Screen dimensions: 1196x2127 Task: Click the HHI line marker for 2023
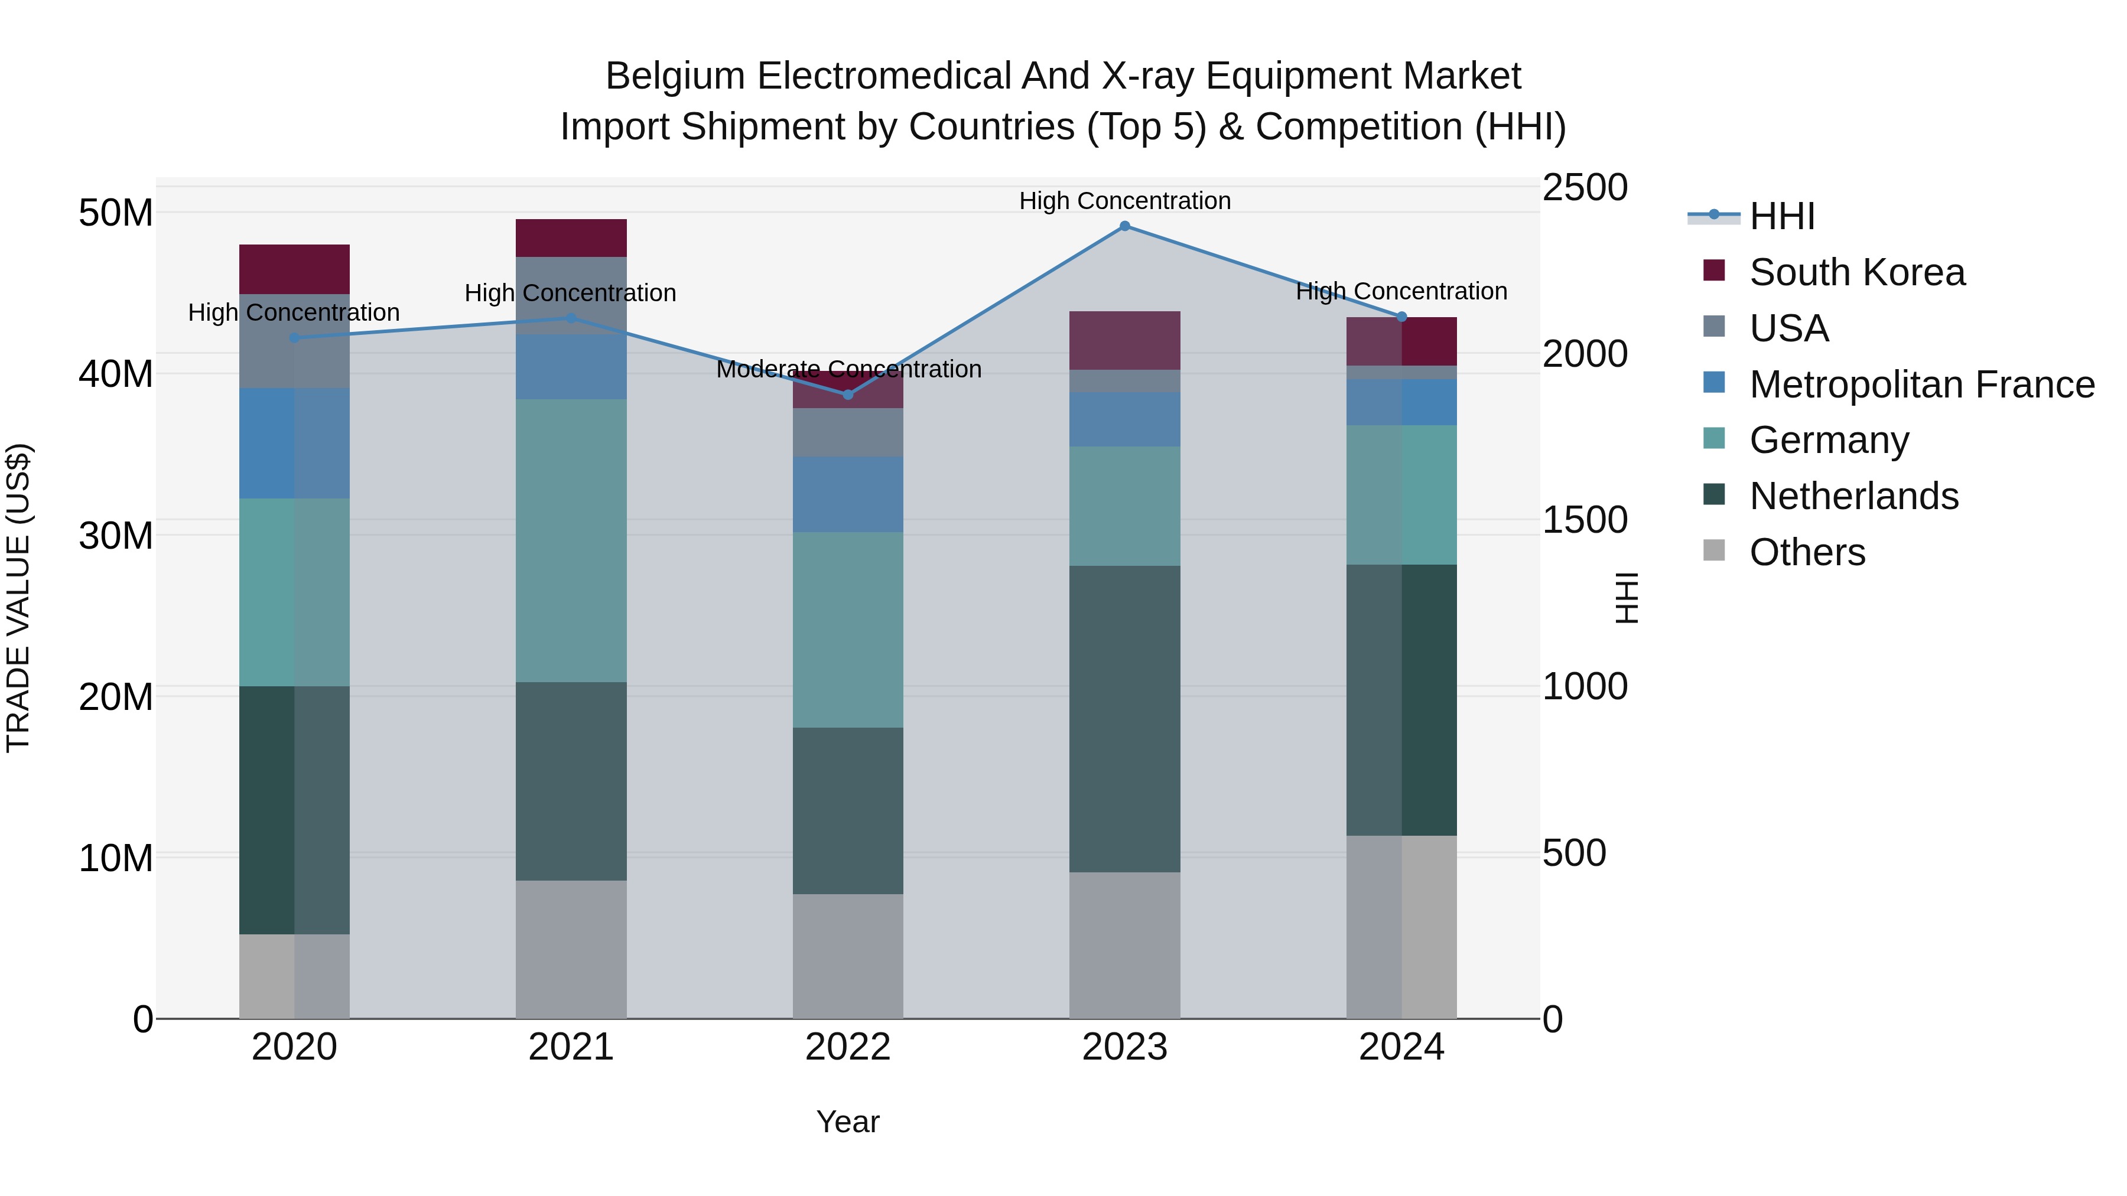click(1124, 226)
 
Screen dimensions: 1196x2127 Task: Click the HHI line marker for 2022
click(848, 395)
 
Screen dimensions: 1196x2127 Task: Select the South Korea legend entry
click(1857, 272)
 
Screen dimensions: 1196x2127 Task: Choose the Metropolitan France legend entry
click(1921, 384)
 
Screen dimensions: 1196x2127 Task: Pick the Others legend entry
click(1807, 552)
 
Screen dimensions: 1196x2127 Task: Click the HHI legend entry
click(1782, 216)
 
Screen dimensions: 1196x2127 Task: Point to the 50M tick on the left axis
click(116, 213)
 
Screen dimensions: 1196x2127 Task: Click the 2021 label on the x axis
click(571, 1047)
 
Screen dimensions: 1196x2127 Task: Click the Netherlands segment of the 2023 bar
click(1124, 718)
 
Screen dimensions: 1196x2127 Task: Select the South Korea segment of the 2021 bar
click(571, 237)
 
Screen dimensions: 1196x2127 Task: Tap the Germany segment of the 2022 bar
click(848, 629)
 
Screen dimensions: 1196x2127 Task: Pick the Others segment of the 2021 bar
click(571, 949)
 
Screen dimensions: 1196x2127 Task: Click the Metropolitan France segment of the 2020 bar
click(294, 443)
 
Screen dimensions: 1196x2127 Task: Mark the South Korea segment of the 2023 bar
click(1124, 340)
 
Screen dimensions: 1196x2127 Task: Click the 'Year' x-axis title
click(848, 1122)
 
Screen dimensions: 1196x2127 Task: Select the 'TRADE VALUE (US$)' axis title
click(18, 598)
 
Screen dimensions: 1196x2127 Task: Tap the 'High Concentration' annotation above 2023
click(1124, 201)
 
